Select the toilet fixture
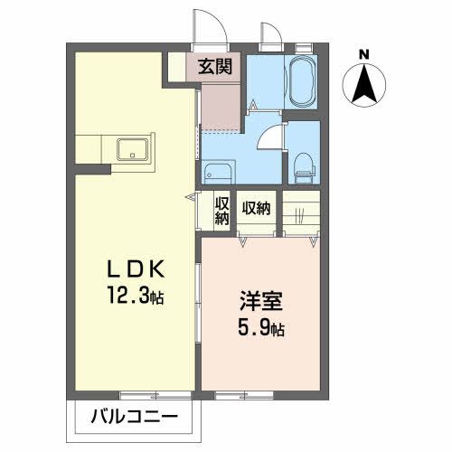click(304, 165)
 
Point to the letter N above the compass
click(363, 55)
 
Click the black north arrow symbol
click(363, 86)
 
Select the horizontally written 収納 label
click(256, 209)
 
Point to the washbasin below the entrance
click(216, 171)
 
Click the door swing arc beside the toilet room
click(268, 138)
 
